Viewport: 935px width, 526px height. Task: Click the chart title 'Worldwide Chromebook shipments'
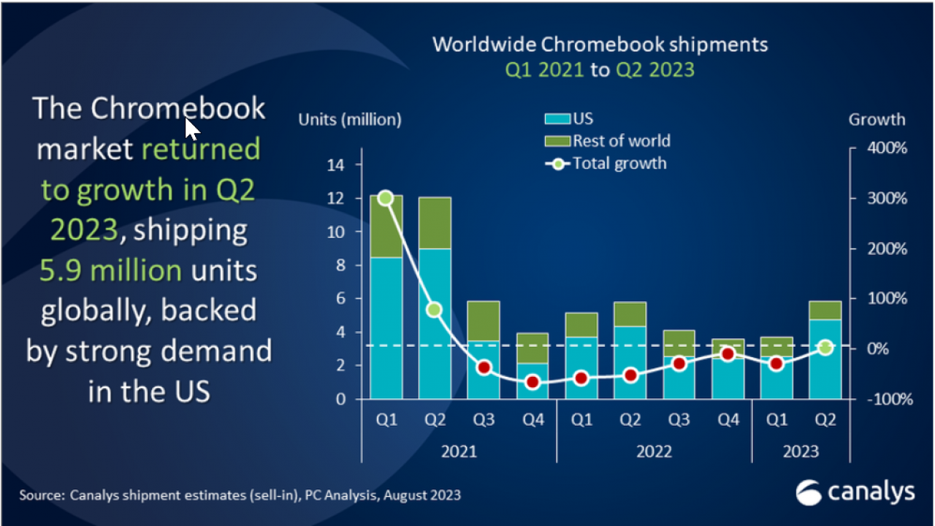[600, 45]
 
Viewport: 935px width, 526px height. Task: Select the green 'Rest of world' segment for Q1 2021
[386, 226]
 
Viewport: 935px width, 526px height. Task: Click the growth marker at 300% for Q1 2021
[386, 198]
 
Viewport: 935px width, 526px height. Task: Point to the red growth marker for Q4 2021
[533, 381]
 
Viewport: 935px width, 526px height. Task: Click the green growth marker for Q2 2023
[825, 348]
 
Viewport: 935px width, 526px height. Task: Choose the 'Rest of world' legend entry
[607, 140]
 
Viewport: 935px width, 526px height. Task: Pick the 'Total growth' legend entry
[606, 163]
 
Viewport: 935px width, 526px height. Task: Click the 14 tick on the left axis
[335, 165]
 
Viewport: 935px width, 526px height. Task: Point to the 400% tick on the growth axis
[887, 148]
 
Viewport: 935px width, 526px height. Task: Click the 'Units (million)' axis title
[350, 119]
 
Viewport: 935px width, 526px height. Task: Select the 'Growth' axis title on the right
[877, 119]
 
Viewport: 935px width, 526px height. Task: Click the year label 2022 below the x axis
[654, 451]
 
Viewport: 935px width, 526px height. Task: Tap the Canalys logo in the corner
[855, 492]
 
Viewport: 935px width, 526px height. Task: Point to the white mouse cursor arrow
[191, 129]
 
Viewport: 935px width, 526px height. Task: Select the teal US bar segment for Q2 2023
[825, 359]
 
